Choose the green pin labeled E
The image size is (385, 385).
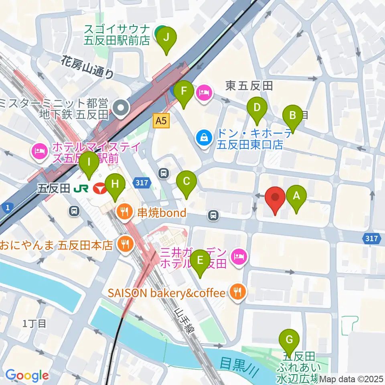[201, 264]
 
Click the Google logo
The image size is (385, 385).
[27, 375]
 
